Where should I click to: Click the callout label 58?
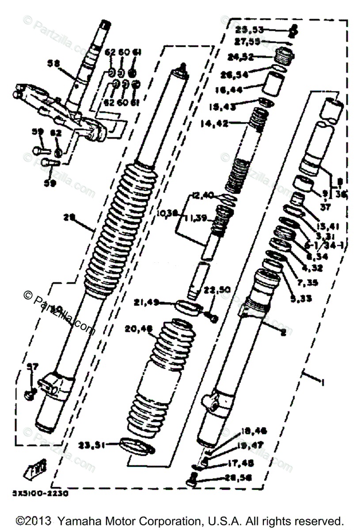coord(53,63)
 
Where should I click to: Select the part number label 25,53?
coord(249,30)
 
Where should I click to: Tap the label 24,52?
coord(240,57)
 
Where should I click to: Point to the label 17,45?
coord(254,463)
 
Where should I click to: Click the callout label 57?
coord(33,367)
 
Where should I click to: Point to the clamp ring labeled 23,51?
coord(137,445)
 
